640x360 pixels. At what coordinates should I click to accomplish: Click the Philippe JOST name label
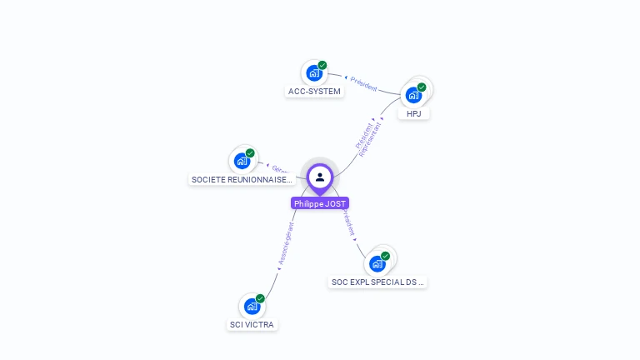[x=320, y=203]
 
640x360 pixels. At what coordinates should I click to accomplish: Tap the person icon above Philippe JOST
[x=320, y=177]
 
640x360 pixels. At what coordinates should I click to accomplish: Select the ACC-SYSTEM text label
[x=314, y=92]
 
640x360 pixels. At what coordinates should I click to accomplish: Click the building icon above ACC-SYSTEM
[x=314, y=73]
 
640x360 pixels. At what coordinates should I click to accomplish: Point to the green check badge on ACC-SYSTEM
[x=322, y=65]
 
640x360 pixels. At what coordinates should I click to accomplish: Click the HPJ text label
[x=413, y=113]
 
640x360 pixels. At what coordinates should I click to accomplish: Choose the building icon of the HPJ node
[x=413, y=95]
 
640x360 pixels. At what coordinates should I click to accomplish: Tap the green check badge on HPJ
[x=422, y=87]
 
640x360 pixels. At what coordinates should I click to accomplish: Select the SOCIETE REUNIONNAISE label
[x=242, y=179]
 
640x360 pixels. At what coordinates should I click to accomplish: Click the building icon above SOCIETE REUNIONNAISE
[x=242, y=161]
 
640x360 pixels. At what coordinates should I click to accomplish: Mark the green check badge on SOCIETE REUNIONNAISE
[x=250, y=152]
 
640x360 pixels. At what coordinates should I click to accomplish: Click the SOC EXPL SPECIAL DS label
[x=377, y=282]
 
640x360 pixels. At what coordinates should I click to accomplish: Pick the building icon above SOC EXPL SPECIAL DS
[x=377, y=264]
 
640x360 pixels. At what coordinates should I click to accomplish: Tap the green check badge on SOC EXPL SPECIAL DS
[x=385, y=256]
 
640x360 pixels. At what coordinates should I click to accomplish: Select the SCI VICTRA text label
[x=252, y=324]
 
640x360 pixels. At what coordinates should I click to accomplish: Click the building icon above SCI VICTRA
[x=252, y=307]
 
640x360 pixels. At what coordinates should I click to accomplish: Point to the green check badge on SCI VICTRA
[x=260, y=298]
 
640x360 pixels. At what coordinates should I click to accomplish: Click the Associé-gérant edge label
[x=286, y=243]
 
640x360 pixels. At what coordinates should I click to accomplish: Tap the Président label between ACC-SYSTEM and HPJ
[x=363, y=83]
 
